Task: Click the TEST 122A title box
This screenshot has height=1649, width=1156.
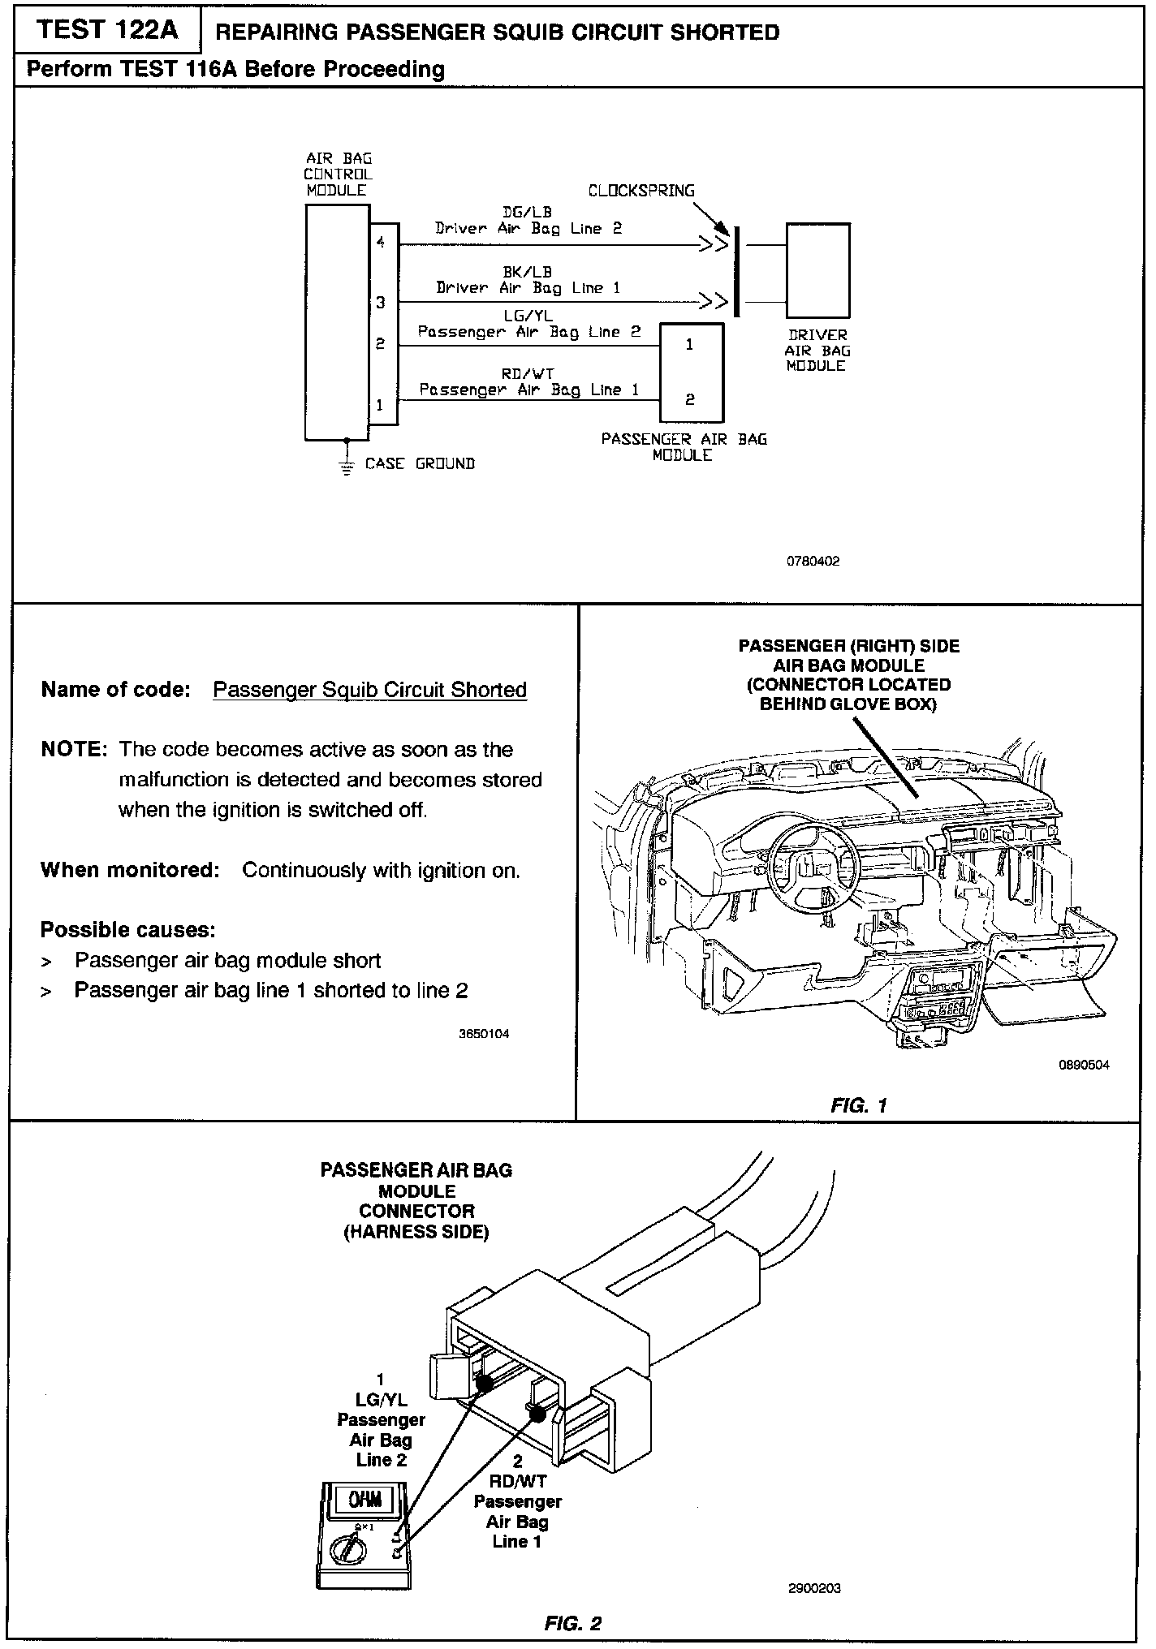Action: pyautogui.click(x=106, y=31)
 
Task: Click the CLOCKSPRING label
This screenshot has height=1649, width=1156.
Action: pyautogui.click(x=641, y=191)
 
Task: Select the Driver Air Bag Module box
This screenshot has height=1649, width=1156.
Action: pyautogui.click(x=817, y=270)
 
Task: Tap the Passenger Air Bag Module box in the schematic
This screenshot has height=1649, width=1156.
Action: pyautogui.click(x=690, y=372)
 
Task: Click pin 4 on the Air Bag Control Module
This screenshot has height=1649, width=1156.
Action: pyautogui.click(x=381, y=243)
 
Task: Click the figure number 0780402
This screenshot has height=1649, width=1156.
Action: pyautogui.click(x=813, y=561)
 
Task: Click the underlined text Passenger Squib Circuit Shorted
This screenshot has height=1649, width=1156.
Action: pyautogui.click(x=369, y=690)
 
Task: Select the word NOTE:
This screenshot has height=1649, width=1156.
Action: pyautogui.click(x=74, y=749)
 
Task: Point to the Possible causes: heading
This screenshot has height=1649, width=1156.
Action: pyautogui.click(x=127, y=929)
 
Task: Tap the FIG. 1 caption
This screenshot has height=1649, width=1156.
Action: pyautogui.click(x=859, y=1104)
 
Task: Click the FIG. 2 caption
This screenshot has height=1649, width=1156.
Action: pyautogui.click(x=572, y=1624)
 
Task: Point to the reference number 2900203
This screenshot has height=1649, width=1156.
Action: pyautogui.click(x=814, y=1588)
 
